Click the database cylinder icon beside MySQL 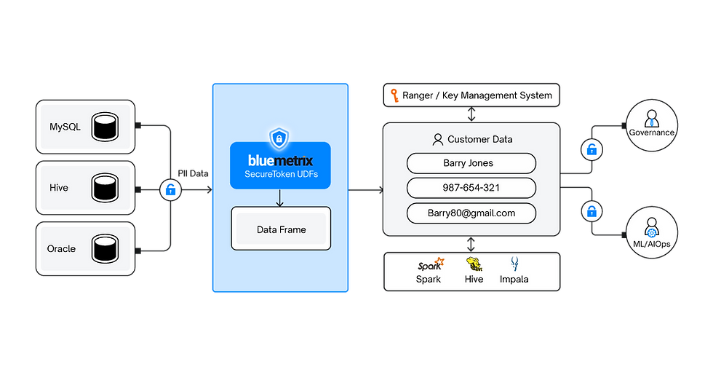pyautogui.click(x=104, y=127)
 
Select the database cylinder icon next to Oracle pyautogui.click(x=104, y=249)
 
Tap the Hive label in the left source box pyautogui.click(x=59, y=188)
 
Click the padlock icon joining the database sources pyautogui.click(x=170, y=190)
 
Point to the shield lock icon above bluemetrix pyautogui.click(x=280, y=138)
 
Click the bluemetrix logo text pyautogui.click(x=280, y=158)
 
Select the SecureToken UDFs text pyautogui.click(x=280, y=175)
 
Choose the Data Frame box pyautogui.click(x=281, y=229)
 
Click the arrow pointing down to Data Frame pyautogui.click(x=280, y=197)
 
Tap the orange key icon pyautogui.click(x=394, y=95)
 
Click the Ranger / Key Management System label pyautogui.click(x=477, y=95)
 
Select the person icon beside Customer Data pyautogui.click(x=437, y=139)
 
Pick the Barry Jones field pyautogui.click(x=471, y=163)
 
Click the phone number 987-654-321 pyautogui.click(x=471, y=188)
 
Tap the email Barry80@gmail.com pyautogui.click(x=471, y=213)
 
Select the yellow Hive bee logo pyautogui.click(x=474, y=264)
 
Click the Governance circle pyautogui.click(x=651, y=125)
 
